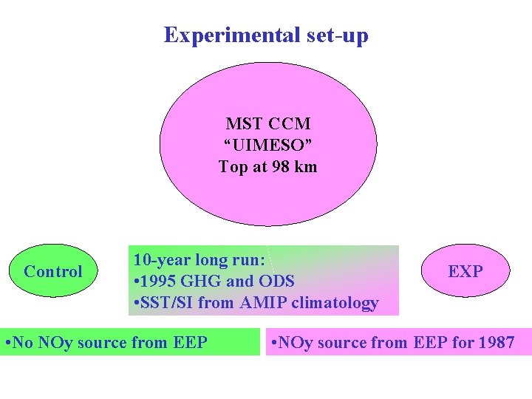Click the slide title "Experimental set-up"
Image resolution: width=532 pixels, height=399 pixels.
[x=266, y=35]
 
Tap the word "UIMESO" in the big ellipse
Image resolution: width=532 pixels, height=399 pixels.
[x=268, y=145]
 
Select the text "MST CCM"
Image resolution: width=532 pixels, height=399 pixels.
[x=268, y=123]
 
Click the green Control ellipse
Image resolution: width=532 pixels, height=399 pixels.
[x=53, y=271]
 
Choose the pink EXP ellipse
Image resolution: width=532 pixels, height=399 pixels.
[x=465, y=271]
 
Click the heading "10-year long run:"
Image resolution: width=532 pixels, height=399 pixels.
[x=199, y=260]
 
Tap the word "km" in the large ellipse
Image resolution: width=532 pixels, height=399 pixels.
[x=305, y=167]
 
